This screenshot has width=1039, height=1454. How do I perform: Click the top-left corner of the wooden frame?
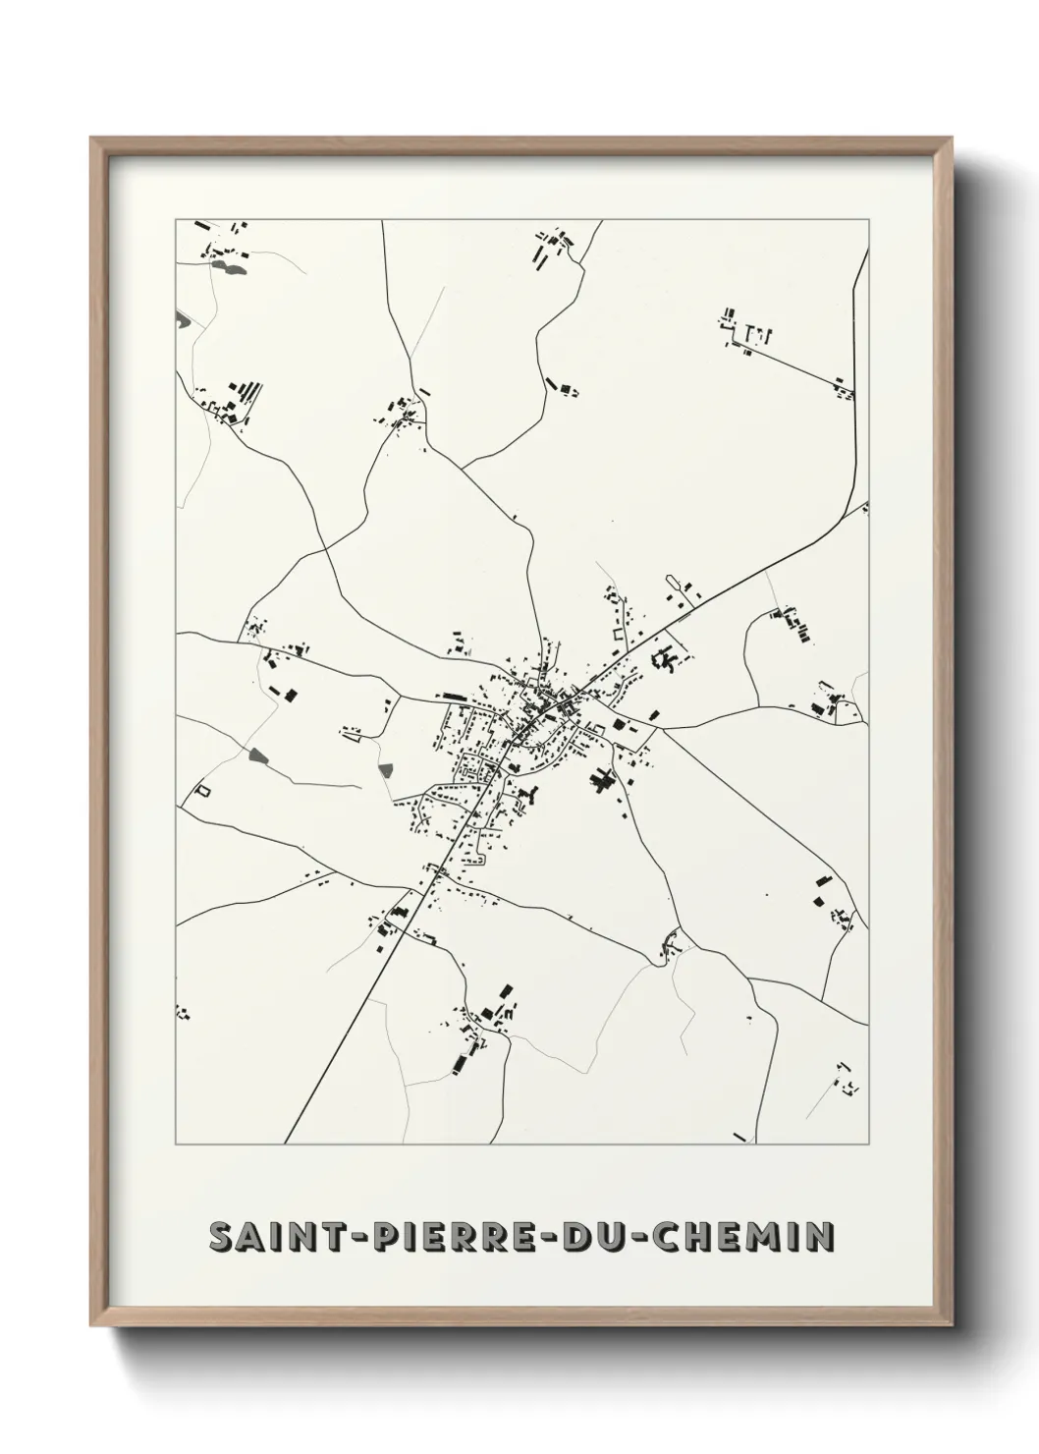[91, 139]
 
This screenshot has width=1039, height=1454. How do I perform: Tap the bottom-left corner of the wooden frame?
[91, 1327]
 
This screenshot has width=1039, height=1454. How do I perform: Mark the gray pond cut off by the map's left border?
[181, 318]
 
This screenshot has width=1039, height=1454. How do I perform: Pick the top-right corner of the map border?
[868, 219]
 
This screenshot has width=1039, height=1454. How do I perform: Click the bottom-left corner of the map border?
[176, 1145]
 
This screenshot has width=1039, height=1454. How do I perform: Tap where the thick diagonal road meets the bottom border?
[285, 1144]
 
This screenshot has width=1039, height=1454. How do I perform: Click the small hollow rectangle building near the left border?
[203, 789]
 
